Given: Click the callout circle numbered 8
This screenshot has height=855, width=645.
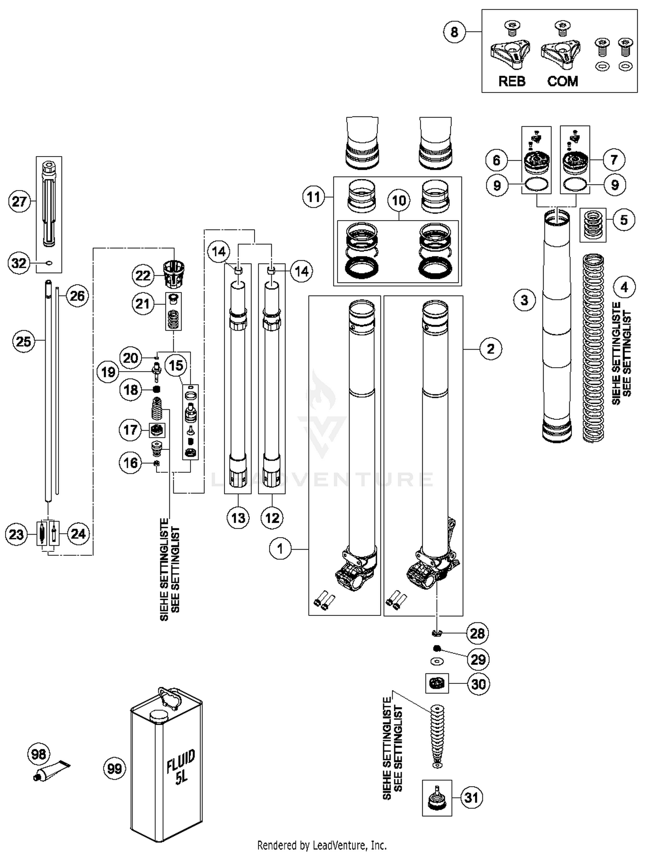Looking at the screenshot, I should [x=455, y=32].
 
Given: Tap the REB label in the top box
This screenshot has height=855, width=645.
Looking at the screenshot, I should [x=511, y=81].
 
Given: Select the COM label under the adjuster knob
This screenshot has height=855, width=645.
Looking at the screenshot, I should [x=562, y=81].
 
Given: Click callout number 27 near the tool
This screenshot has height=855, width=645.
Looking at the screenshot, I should [x=19, y=201].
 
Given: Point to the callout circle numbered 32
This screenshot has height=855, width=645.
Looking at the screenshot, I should [x=19, y=263].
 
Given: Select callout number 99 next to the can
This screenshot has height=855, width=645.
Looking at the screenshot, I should [x=115, y=768].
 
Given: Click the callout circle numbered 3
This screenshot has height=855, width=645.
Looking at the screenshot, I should [x=524, y=300].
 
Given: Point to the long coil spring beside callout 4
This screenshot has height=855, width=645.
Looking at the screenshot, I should [x=593, y=348].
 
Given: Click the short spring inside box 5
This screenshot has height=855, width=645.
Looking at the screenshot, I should [x=593, y=225].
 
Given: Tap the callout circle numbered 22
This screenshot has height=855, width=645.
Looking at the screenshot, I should [x=143, y=275].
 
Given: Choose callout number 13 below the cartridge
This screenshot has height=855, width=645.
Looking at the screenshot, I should [x=238, y=518].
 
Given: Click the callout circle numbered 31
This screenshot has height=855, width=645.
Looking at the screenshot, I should [x=472, y=797].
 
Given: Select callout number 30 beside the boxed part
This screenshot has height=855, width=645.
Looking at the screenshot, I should [x=478, y=684].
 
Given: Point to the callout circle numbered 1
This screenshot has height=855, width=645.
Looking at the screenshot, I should [x=280, y=549].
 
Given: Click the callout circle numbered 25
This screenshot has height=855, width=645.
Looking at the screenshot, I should [x=24, y=341].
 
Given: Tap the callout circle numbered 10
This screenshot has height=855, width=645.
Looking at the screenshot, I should [x=399, y=200].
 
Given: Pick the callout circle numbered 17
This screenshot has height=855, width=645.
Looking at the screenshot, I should [x=130, y=430].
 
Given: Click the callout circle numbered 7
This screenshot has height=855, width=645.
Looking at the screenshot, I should [x=614, y=160].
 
